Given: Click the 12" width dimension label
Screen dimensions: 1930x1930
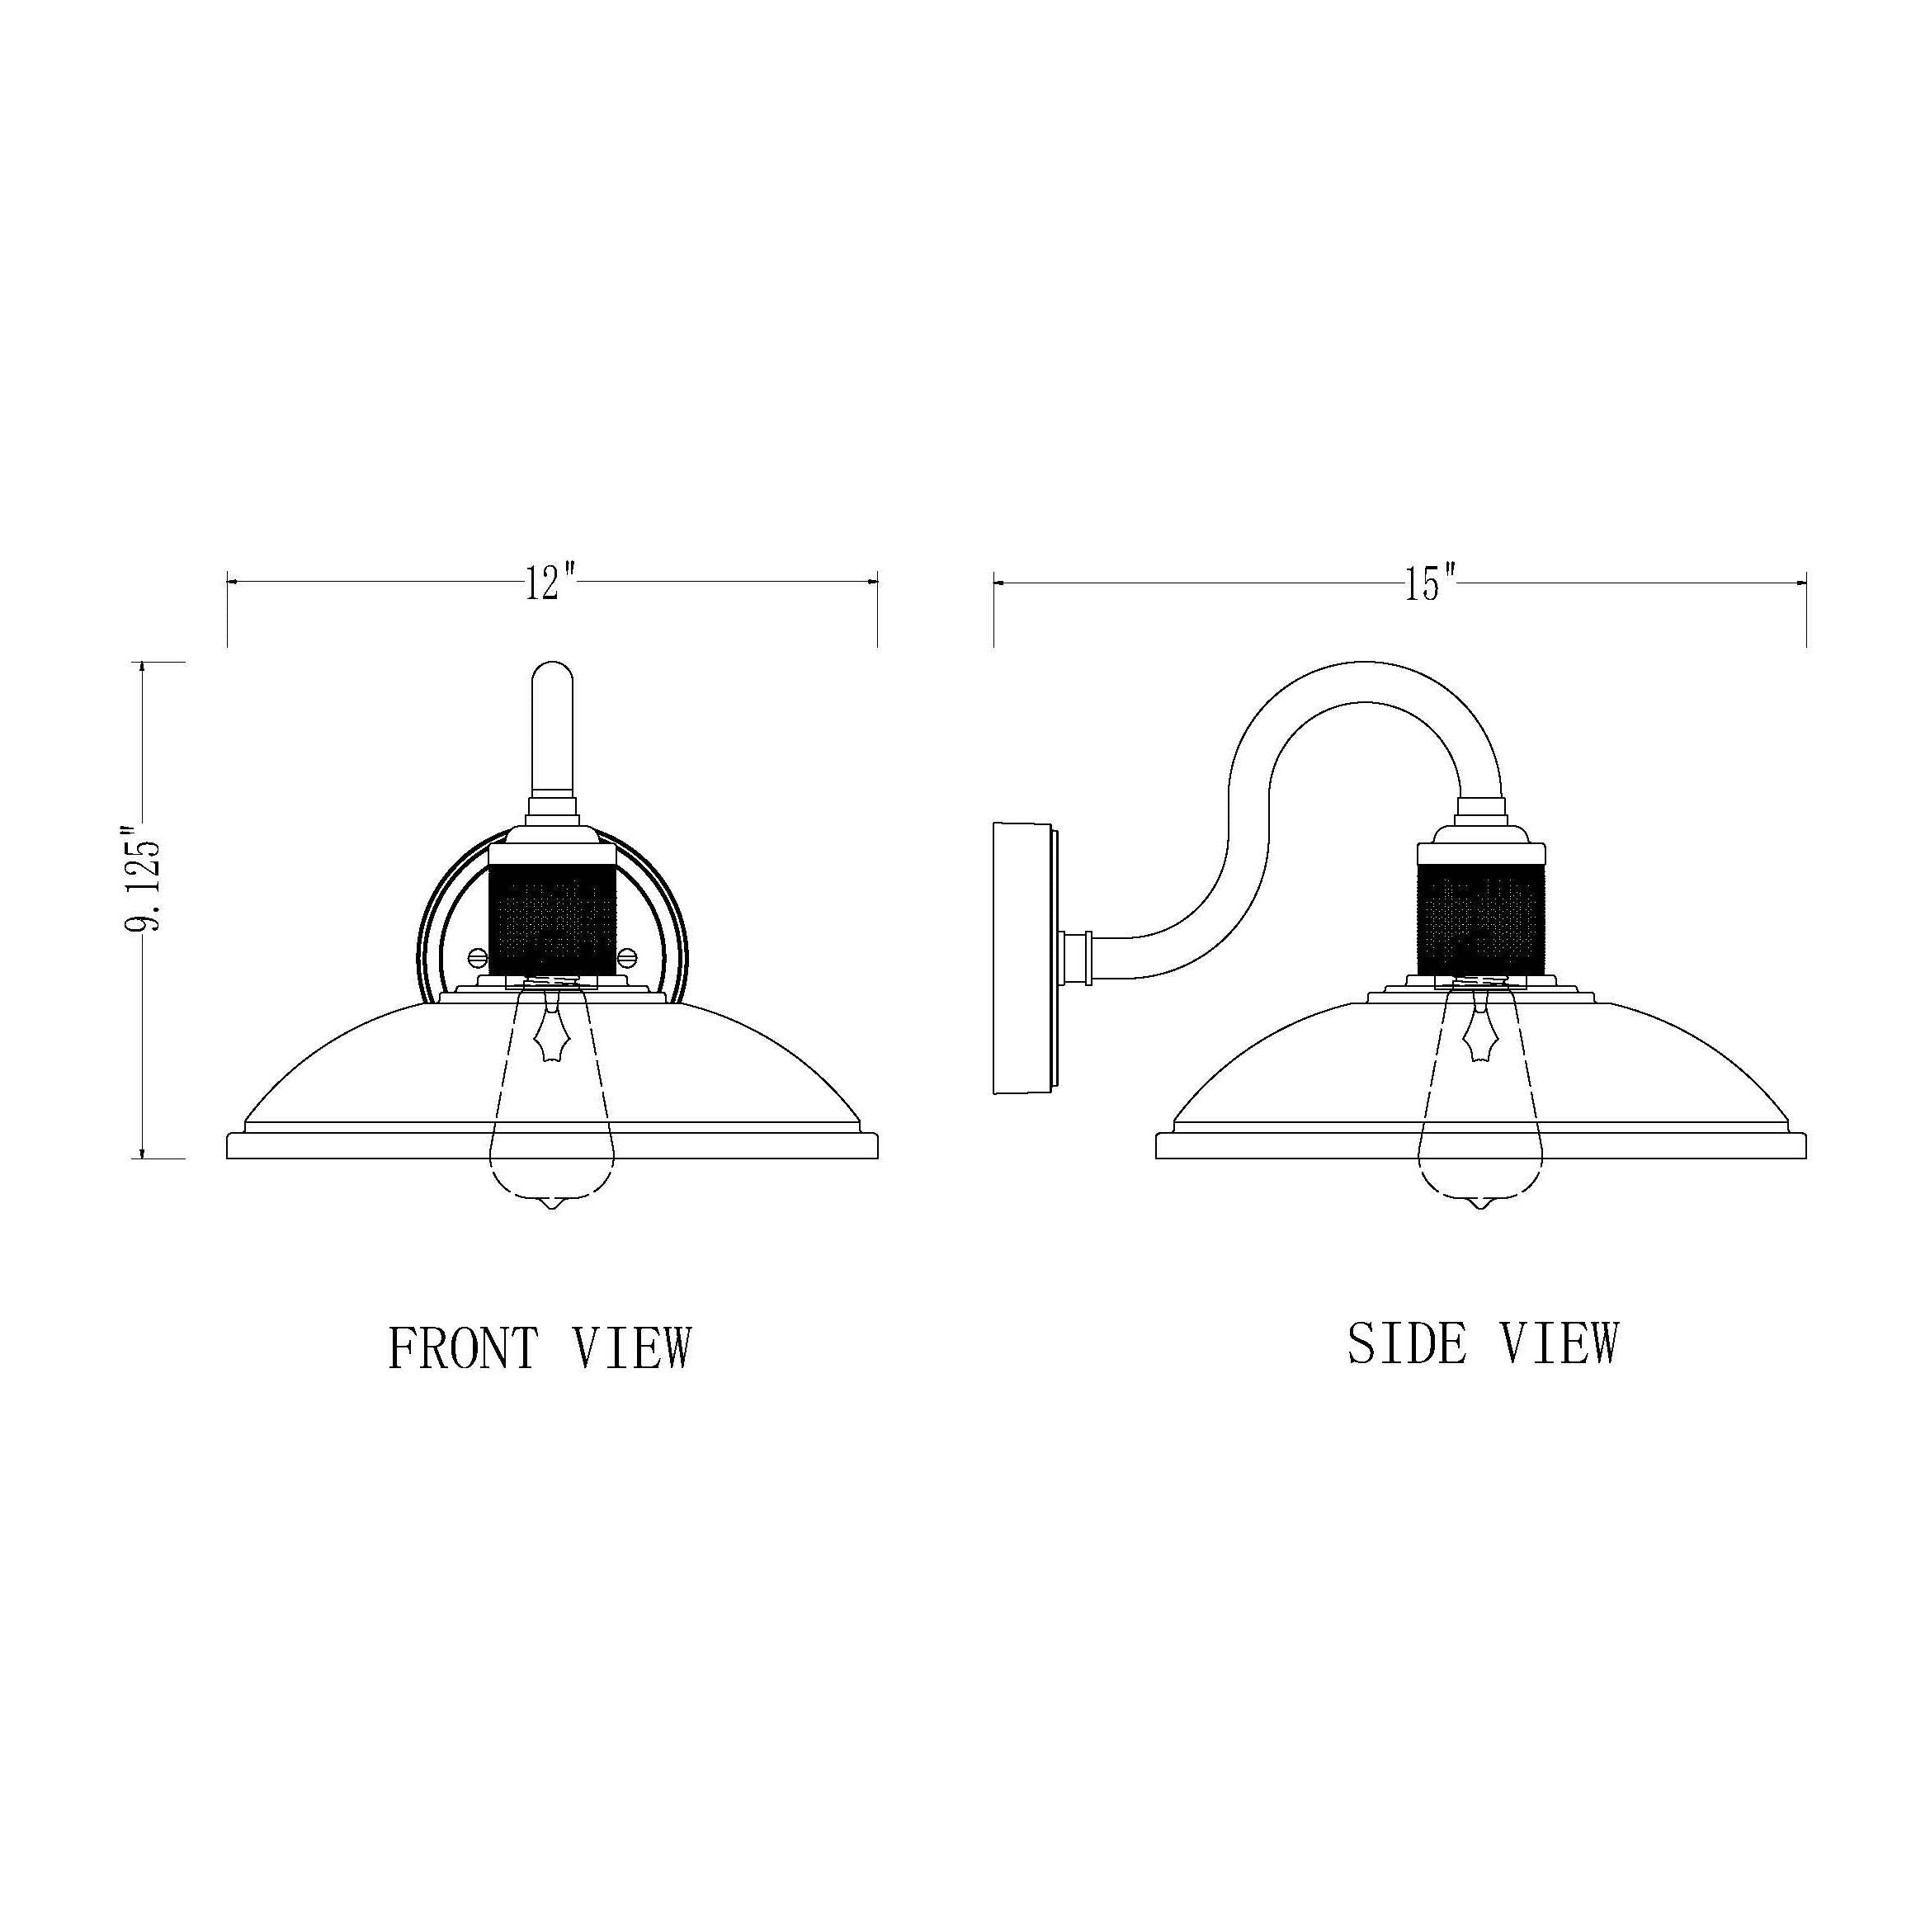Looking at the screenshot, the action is pos(551,583).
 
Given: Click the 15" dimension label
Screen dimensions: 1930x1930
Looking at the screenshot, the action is pos(1431,583).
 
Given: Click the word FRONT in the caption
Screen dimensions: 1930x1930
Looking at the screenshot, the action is pos(464,1347).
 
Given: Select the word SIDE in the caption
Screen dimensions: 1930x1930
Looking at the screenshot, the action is pos(1408,1343).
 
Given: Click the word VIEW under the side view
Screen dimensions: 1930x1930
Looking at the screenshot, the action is pos(1560,1343).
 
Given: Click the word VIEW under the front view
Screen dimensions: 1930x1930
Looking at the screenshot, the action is pos(632,1347).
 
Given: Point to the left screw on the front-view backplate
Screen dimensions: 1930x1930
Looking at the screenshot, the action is pos(478,957).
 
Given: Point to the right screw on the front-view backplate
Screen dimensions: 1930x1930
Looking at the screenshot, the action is pos(627,957).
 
